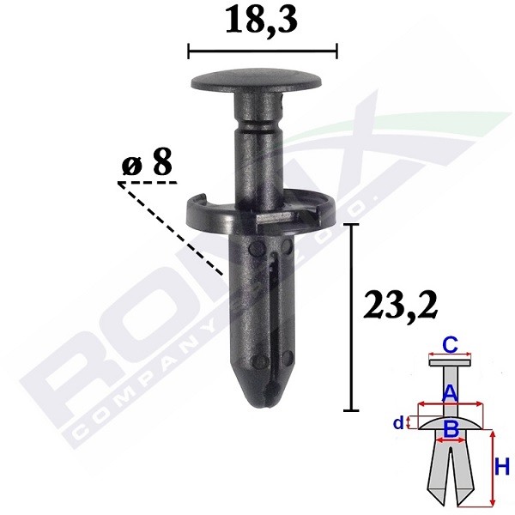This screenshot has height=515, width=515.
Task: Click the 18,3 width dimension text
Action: pos(262,21)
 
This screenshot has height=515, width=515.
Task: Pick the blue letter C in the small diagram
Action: pos(448,346)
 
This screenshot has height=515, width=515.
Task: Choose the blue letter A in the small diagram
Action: pos(448,392)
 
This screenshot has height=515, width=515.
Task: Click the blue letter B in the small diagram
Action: pos(450,427)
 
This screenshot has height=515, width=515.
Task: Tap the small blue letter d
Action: pos(398,421)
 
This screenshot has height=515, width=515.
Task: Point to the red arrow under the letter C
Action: pos(448,359)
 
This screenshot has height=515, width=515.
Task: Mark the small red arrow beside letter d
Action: pos(409,422)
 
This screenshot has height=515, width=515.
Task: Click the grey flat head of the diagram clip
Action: pos(448,364)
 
